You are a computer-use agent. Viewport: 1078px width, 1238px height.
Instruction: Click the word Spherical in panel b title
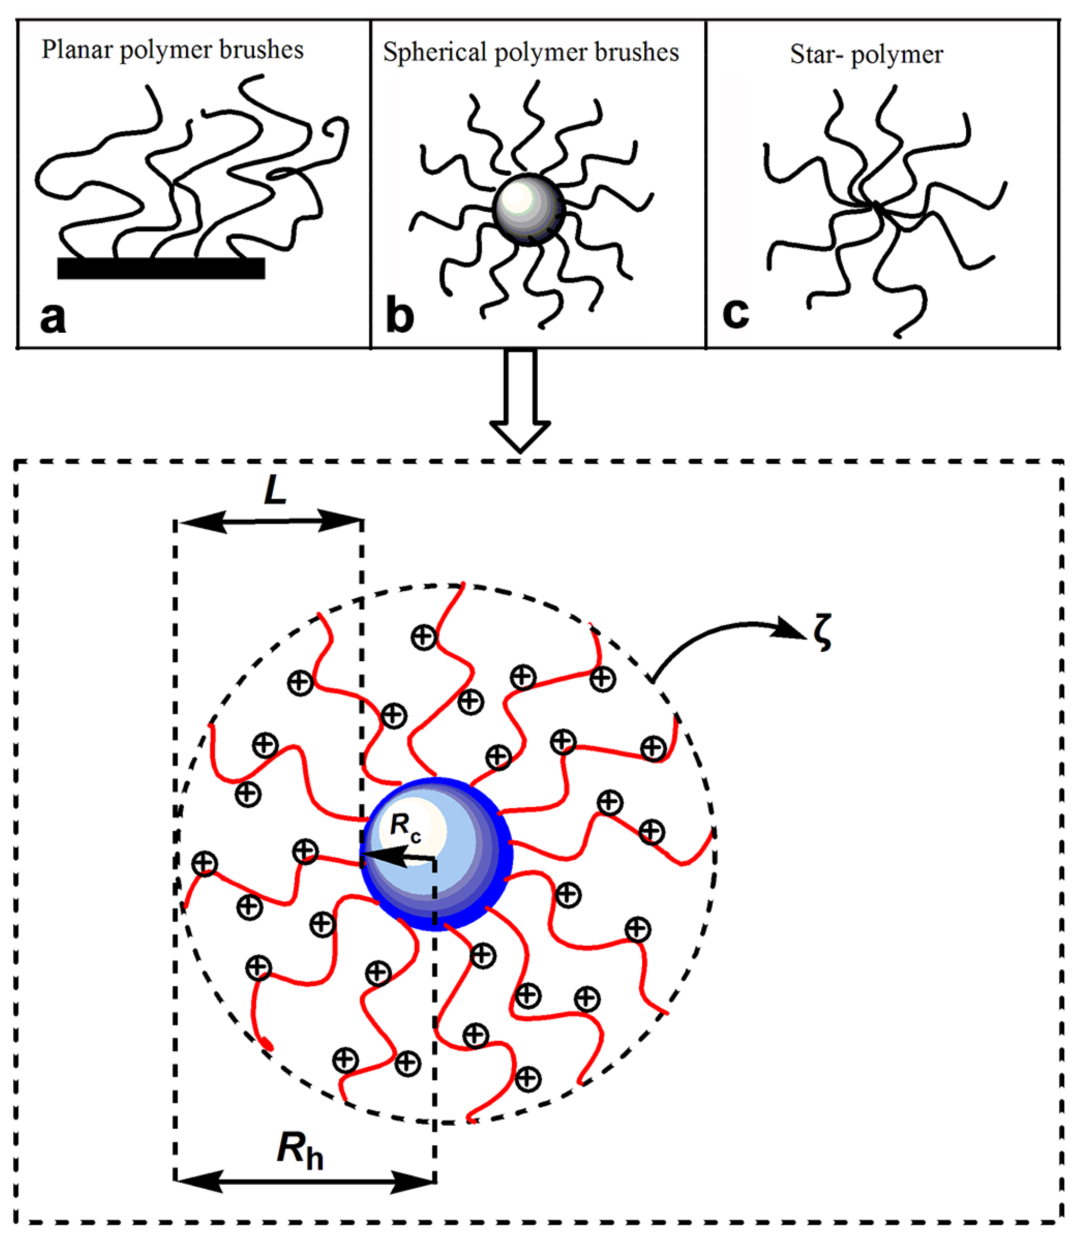coord(434,52)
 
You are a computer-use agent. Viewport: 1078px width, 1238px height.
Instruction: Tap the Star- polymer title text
coord(866,55)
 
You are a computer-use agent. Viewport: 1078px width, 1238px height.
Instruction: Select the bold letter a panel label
coord(52,318)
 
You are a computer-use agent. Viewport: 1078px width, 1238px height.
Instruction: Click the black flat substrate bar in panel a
coord(161,268)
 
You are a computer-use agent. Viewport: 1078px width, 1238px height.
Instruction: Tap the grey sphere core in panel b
coord(528,209)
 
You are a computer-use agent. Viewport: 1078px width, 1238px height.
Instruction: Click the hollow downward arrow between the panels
coord(520,400)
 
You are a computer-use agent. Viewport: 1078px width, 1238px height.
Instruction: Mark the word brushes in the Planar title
coord(261,50)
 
